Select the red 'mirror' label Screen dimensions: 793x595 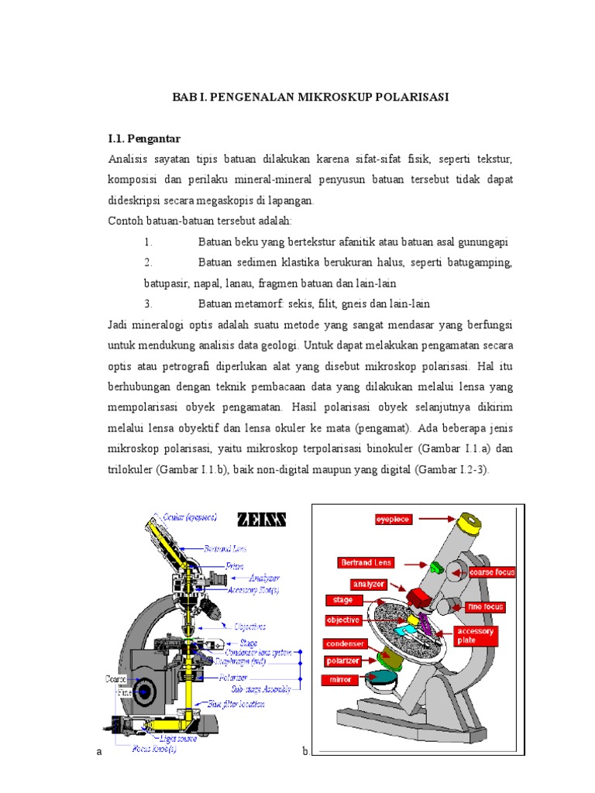(342, 679)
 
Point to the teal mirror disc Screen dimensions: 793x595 (385, 681)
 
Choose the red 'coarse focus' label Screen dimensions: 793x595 (491, 572)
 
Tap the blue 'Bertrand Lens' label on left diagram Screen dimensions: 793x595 (226, 548)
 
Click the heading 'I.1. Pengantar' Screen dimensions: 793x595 (143, 139)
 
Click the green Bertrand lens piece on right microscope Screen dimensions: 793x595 (435, 568)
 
